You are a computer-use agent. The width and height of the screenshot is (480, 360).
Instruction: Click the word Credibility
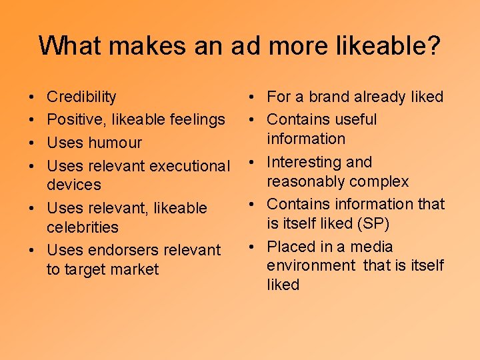pos(81,97)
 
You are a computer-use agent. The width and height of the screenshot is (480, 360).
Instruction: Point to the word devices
pos(73,185)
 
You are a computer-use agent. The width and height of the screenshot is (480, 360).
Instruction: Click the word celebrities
pos(82,227)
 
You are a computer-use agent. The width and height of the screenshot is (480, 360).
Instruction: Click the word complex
pos(381,182)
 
